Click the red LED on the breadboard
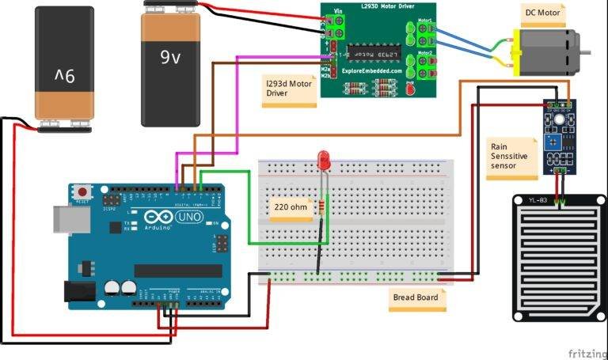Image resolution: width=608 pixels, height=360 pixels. (322, 160)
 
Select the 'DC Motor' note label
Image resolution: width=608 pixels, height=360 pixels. (543, 13)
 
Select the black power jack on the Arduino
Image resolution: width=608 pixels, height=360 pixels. (79, 294)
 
